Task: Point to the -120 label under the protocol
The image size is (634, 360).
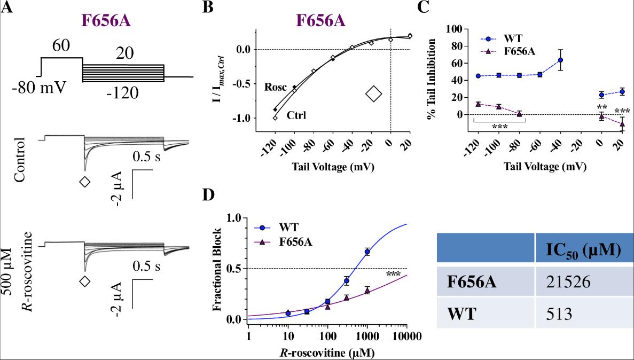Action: point(122,94)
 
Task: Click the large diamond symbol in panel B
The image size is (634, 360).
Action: point(374,93)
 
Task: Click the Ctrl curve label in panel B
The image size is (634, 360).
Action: point(297,115)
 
